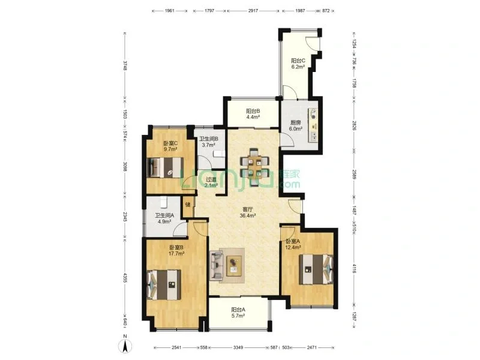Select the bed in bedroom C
[166, 167]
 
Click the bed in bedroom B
[163, 284]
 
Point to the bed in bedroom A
[316, 269]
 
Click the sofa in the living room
[216, 265]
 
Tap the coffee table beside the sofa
[234, 265]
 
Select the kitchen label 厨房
[295, 123]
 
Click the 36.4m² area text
[248, 215]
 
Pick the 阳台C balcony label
[298, 61]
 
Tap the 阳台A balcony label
[238, 310]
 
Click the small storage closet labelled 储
[188, 205]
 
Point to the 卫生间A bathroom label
[164, 215]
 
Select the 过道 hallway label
[211, 179]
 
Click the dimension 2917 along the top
[253, 10]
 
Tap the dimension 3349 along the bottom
[238, 347]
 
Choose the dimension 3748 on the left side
[125, 65]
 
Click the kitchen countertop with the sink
[313, 125]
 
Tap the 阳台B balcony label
[253, 111]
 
